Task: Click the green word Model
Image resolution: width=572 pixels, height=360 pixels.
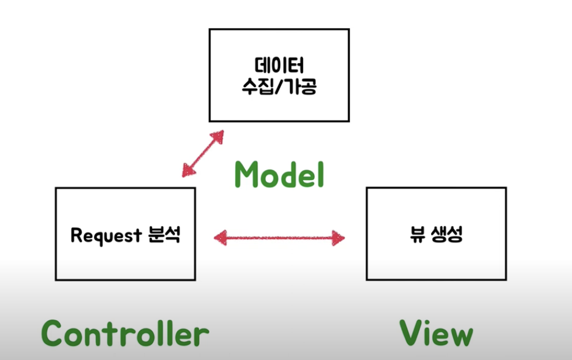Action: point(279,174)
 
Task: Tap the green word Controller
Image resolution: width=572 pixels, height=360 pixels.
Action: point(125,334)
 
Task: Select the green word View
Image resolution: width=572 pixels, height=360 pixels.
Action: point(436,334)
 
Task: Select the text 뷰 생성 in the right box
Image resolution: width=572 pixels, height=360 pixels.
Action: point(436,235)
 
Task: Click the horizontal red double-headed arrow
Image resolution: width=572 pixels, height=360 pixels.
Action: point(279,237)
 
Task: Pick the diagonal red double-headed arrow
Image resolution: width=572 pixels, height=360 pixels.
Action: point(202,153)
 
